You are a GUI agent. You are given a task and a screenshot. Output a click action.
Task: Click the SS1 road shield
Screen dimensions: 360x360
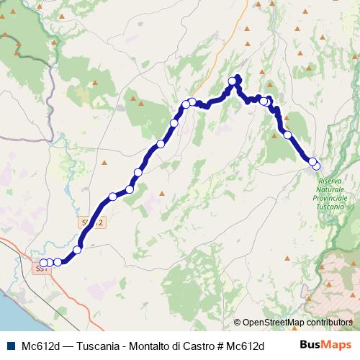tap(40, 269)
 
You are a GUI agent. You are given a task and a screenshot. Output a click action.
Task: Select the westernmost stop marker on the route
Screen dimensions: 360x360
tap(43, 263)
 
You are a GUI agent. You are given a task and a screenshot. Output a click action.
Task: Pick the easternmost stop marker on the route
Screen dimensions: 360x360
tap(317, 166)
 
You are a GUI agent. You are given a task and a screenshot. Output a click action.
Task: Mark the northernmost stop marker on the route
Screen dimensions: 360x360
tap(233, 81)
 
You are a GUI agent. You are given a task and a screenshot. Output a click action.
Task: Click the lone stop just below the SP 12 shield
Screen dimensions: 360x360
tap(77, 248)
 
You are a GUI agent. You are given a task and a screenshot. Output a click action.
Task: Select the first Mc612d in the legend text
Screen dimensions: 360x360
tap(40, 345)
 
